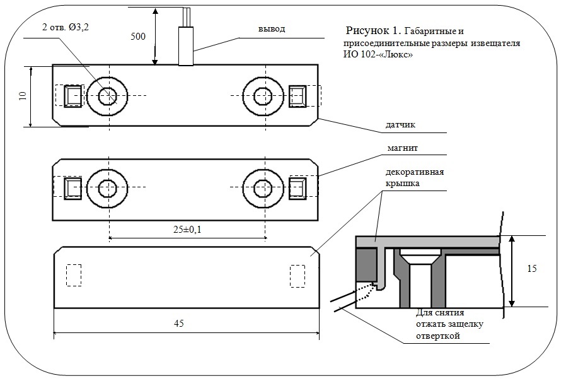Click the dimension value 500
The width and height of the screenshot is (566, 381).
pyautogui.click(x=137, y=36)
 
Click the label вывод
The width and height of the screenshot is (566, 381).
pyautogui.click(x=272, y=29)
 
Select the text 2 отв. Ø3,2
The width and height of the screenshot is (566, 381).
pyautogui.click(x=65, y=28)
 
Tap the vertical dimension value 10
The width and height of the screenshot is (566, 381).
pyautogui.click(x=23, y=95)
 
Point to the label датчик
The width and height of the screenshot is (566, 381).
pyautogui.click(x=401, y=126)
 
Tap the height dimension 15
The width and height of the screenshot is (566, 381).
pyautogui.click(x=531, y=269)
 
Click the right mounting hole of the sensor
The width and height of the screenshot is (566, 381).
pyautogui.click(x=263, y=96)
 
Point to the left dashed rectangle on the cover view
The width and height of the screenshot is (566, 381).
pyautogui.click(x=74, y=275)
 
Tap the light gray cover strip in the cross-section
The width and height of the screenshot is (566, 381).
pyautogui.click(x=429, y=240)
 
